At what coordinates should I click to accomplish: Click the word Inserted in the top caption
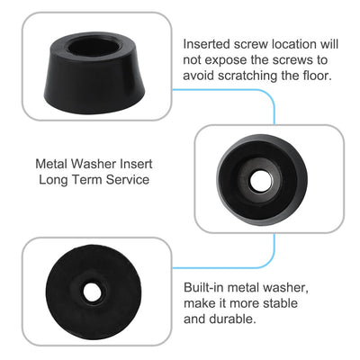click(x=209, y=43)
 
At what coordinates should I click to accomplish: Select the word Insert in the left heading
click(x=136, y=165)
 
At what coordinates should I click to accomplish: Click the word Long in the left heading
click(x=56, y=180)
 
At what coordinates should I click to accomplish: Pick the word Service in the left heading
click(x=125, y=180)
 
